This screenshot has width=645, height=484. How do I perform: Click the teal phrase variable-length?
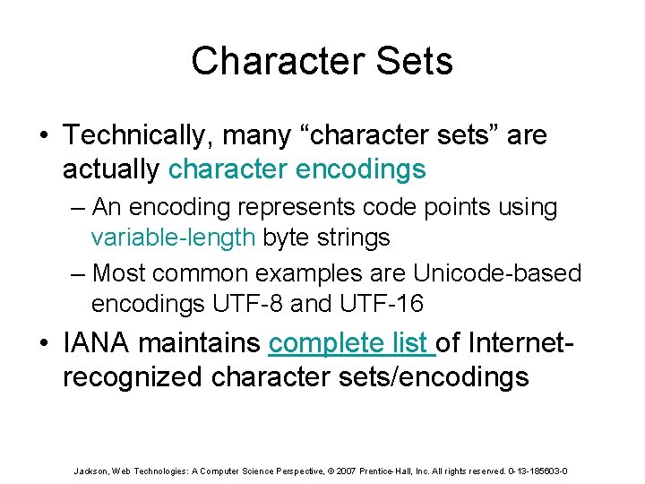[x=174, y=238]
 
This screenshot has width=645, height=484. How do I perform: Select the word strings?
[x=356, y=238]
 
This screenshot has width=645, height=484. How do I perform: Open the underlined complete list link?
[x=351, y=343]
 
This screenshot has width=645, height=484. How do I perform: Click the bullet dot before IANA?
[x=45, y=344]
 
